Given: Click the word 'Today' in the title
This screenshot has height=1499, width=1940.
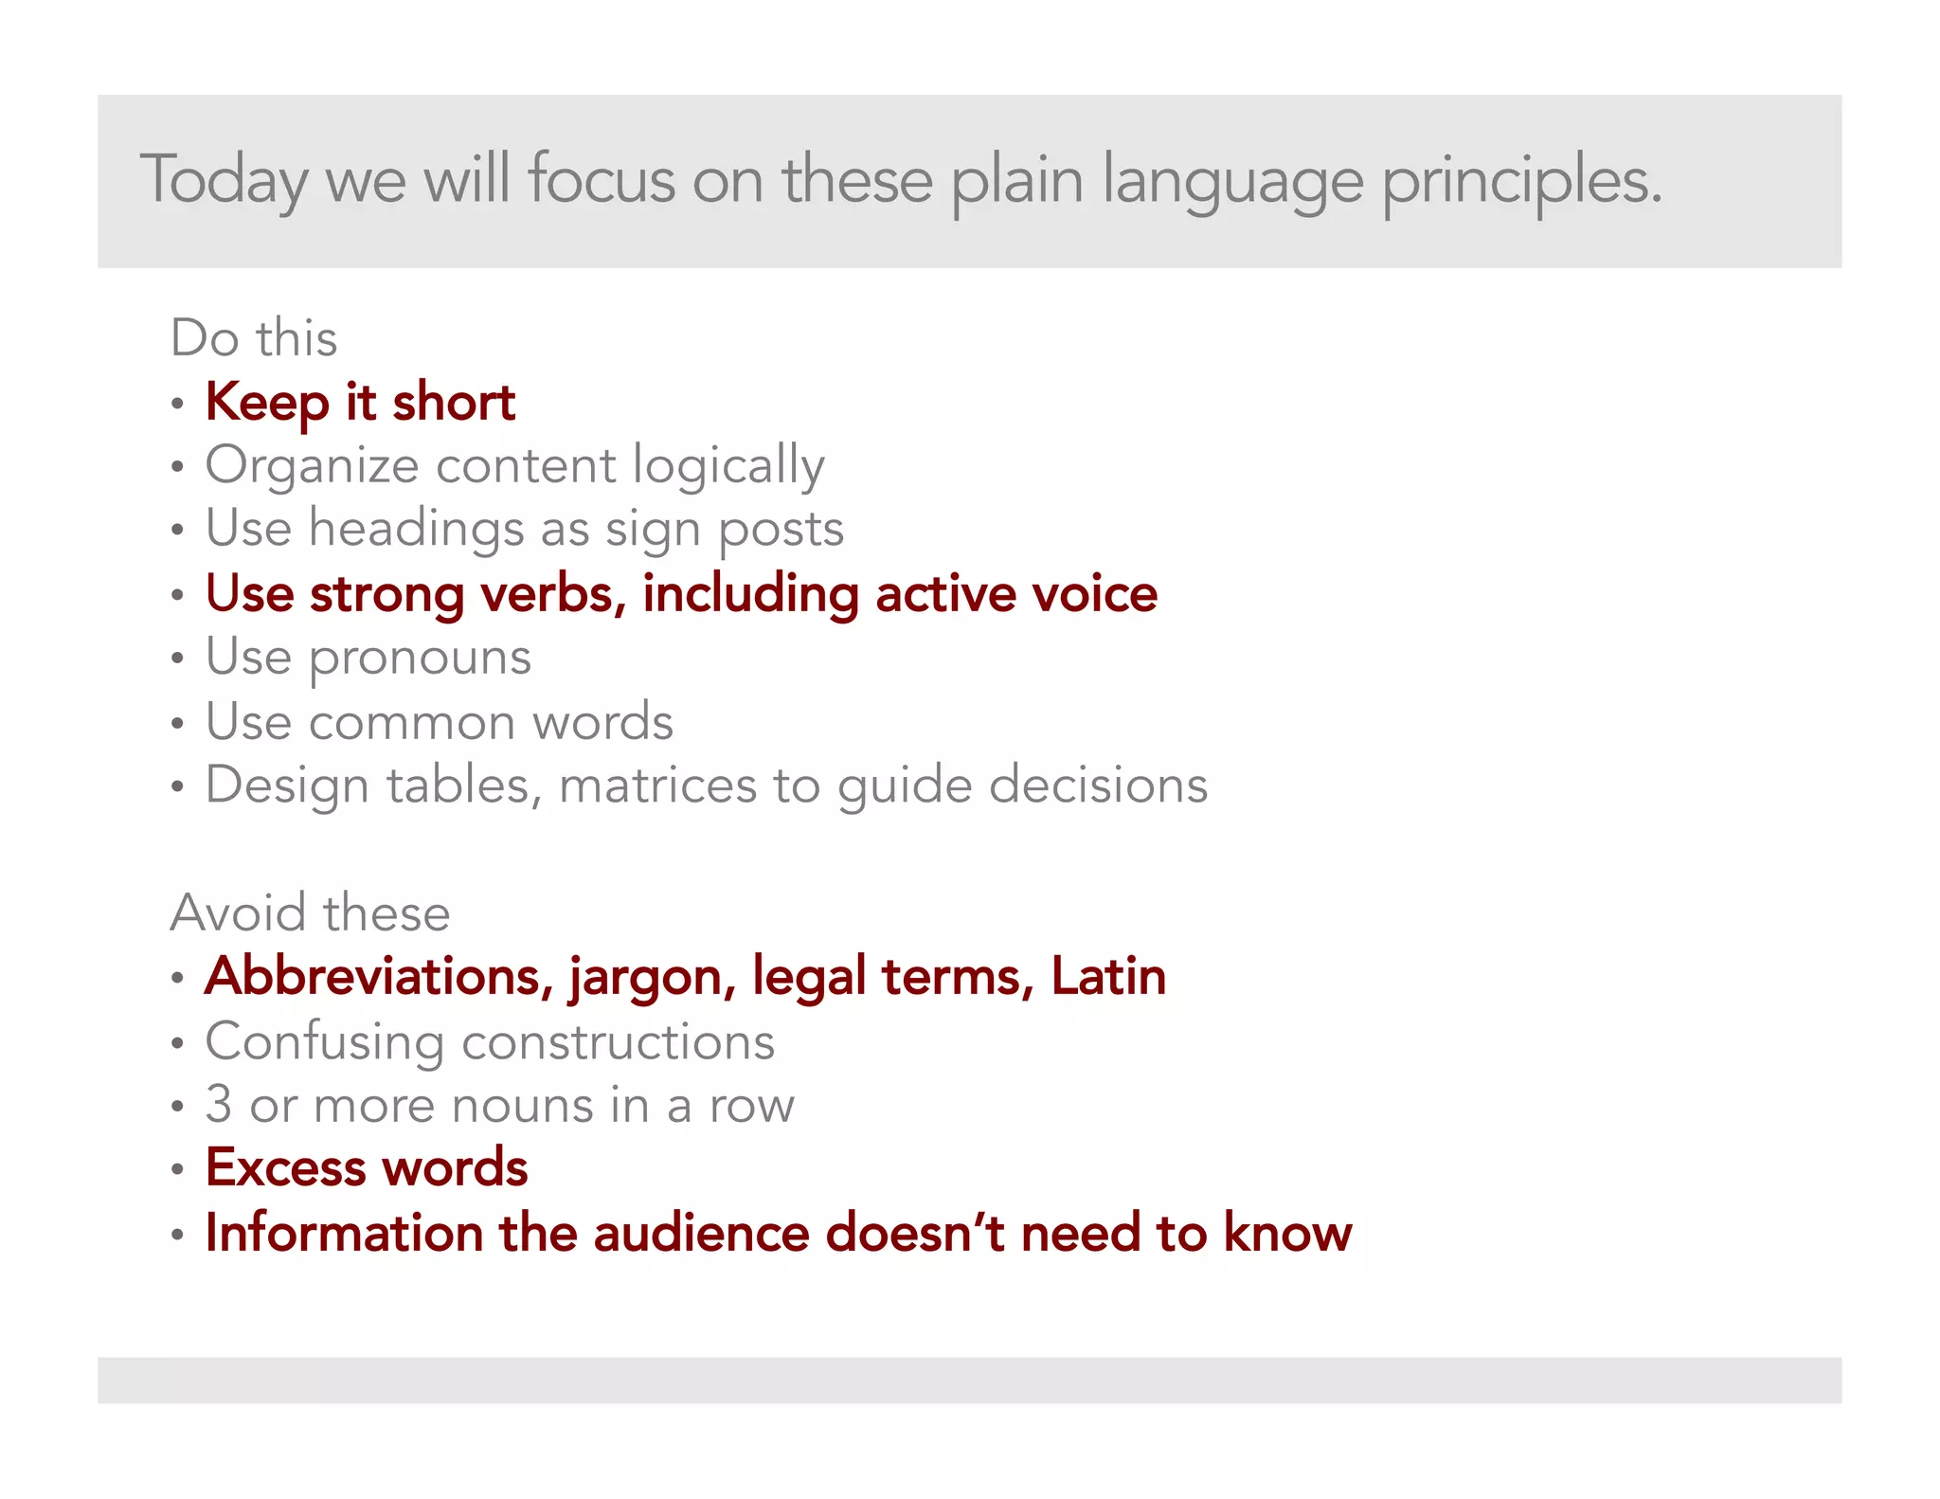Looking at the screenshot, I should pyautogui.click(x=225, y=180).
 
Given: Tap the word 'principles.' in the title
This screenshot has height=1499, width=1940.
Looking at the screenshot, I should pyautogui.click(x=1521, y=180).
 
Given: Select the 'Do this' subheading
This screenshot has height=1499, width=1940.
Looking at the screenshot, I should pyautogui.click(x=254, y=338).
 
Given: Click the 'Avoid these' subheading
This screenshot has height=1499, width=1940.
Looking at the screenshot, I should pyautogui.click(x=310, y=912).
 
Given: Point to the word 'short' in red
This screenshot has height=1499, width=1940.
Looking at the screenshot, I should pyautogui.click(x=454, y=403).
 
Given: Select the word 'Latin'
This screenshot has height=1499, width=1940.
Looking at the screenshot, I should pyautogui.click(x=1108, y=976).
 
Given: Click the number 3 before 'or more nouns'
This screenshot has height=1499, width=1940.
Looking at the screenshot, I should pyautogui.click(x=219, y=1105).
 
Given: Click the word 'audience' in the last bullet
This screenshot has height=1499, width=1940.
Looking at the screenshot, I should pyautogui.click(x=701, y=1233).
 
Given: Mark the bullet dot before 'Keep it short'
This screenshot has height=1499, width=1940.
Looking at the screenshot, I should pyautogui.click(x=177, y=405).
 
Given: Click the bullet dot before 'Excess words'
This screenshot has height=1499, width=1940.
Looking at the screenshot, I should pyautogui.click(x=177, y=1170).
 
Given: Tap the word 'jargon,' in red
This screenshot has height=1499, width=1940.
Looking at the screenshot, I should pyautogui.click(x=652, y=978).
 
